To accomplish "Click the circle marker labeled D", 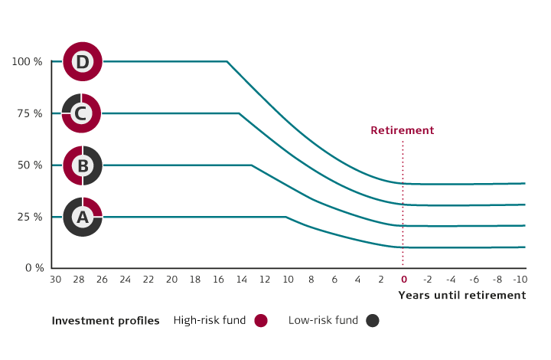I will pyautogui.click(x=82, y=61).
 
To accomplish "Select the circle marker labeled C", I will pyautogui.click(x=82, y=113).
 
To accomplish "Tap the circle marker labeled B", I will pyautogui.click(x=82, y=165).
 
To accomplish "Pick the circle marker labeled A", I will pyautogui.click(x=82, y=217).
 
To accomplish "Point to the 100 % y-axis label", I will pyautogui.click(x=27, y=61).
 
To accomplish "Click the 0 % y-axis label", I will pyautogui.click(x=33, y=268).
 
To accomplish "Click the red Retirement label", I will pyautogui.click(x=402, y=131).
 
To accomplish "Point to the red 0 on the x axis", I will pyautogui.click(x=404, y=280).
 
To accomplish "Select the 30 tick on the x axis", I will pyautogui.click(x=55, y=280).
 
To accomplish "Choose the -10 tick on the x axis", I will pyautogui.click(x=520, y=280).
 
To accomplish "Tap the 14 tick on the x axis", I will pyautogui.click(x=241, y=280).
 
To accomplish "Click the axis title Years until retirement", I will pyautogui.click(x=461, y=296).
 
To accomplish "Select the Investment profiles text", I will pyautogui.click(x=106, y=321).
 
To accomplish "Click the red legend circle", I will pyautogui.click(x=261, y=321).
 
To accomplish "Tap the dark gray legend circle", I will pyautogui.click(x=373, y=321).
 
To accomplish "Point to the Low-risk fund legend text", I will pyautogui.click(x=323, y=321).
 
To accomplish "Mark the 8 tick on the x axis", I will pyautogui.click(x=311, y=280).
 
